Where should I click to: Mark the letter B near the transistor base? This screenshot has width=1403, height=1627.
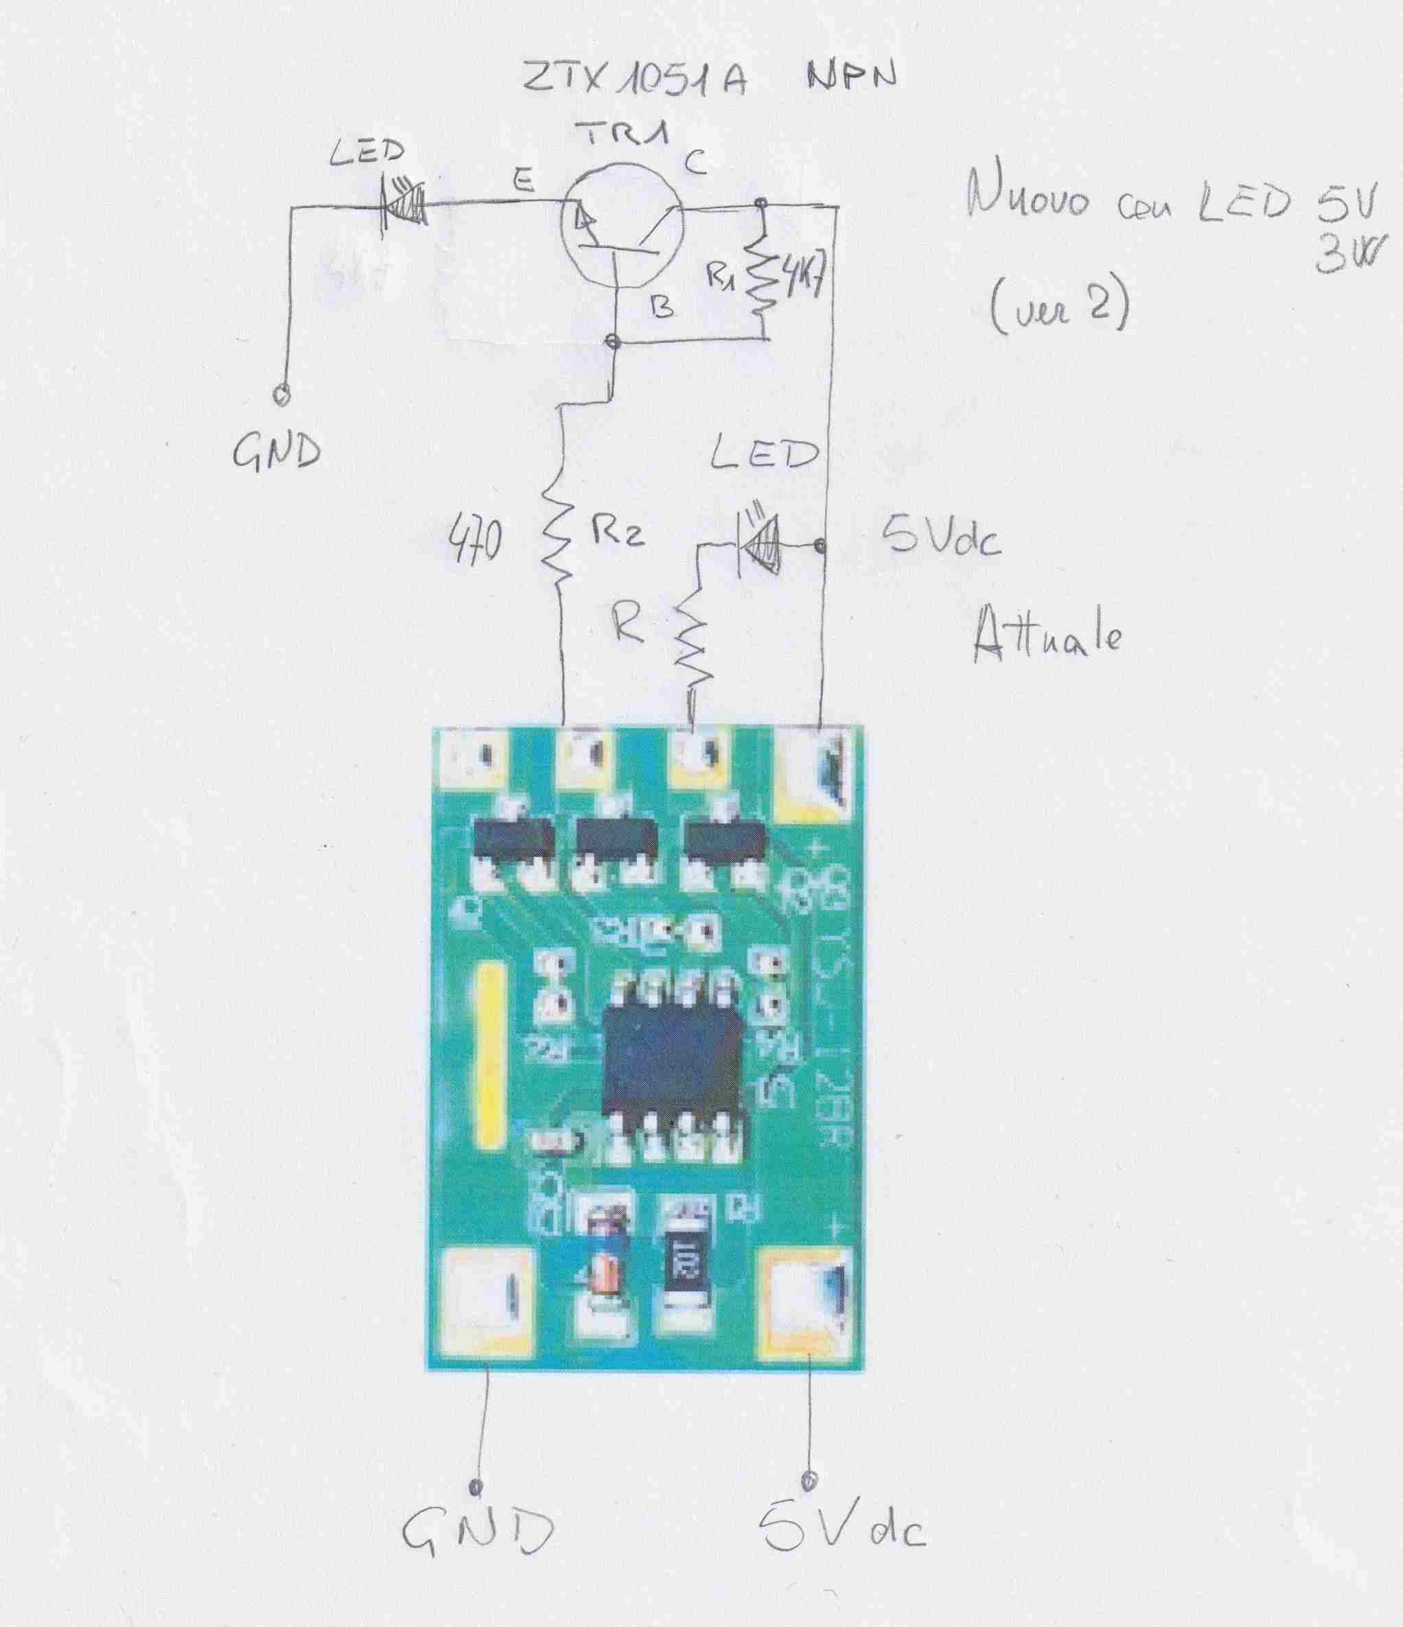664,309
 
